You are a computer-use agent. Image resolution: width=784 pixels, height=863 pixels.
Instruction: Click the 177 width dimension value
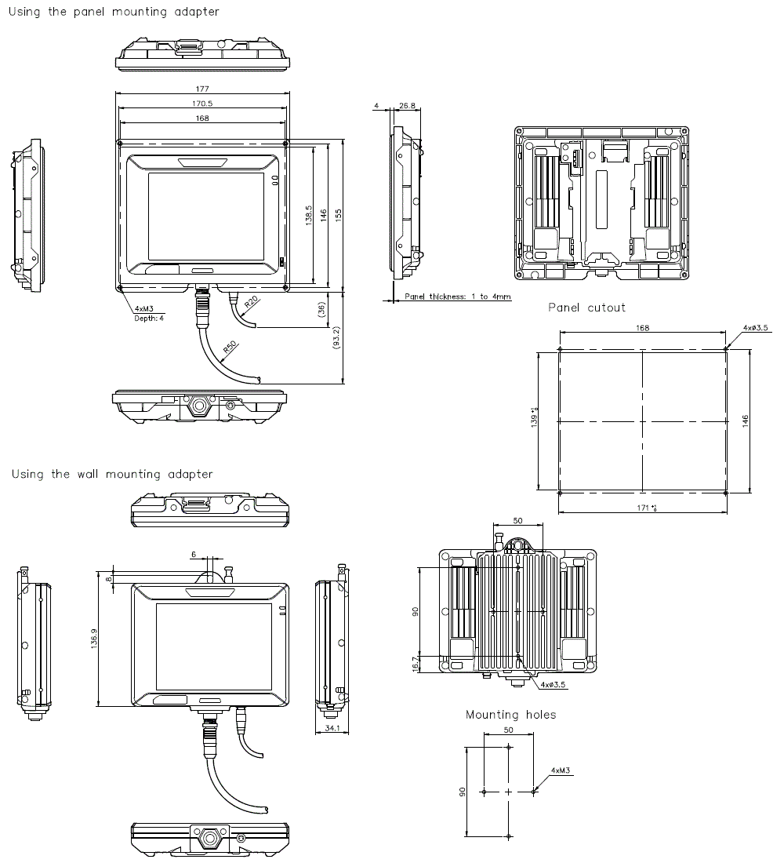coord(203,88)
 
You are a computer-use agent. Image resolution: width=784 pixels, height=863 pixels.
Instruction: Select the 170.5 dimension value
coord(203,104)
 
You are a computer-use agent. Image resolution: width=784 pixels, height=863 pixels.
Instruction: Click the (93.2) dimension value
coord(337,338)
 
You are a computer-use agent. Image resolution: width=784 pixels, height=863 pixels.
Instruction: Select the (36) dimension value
coord(321,309)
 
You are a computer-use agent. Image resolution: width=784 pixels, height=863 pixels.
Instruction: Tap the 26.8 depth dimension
coord(408,104)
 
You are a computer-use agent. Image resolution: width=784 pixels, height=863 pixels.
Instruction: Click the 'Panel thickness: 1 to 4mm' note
coord(458,297)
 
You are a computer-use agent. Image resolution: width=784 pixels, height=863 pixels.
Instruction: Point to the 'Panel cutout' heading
coord(586,308)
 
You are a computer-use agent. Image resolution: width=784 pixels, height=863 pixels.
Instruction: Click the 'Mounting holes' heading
coord(510,715)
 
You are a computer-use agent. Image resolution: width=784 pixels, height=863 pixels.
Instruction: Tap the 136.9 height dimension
coord(94,642)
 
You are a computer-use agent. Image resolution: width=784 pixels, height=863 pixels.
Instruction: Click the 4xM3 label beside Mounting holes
coord(561,771)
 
